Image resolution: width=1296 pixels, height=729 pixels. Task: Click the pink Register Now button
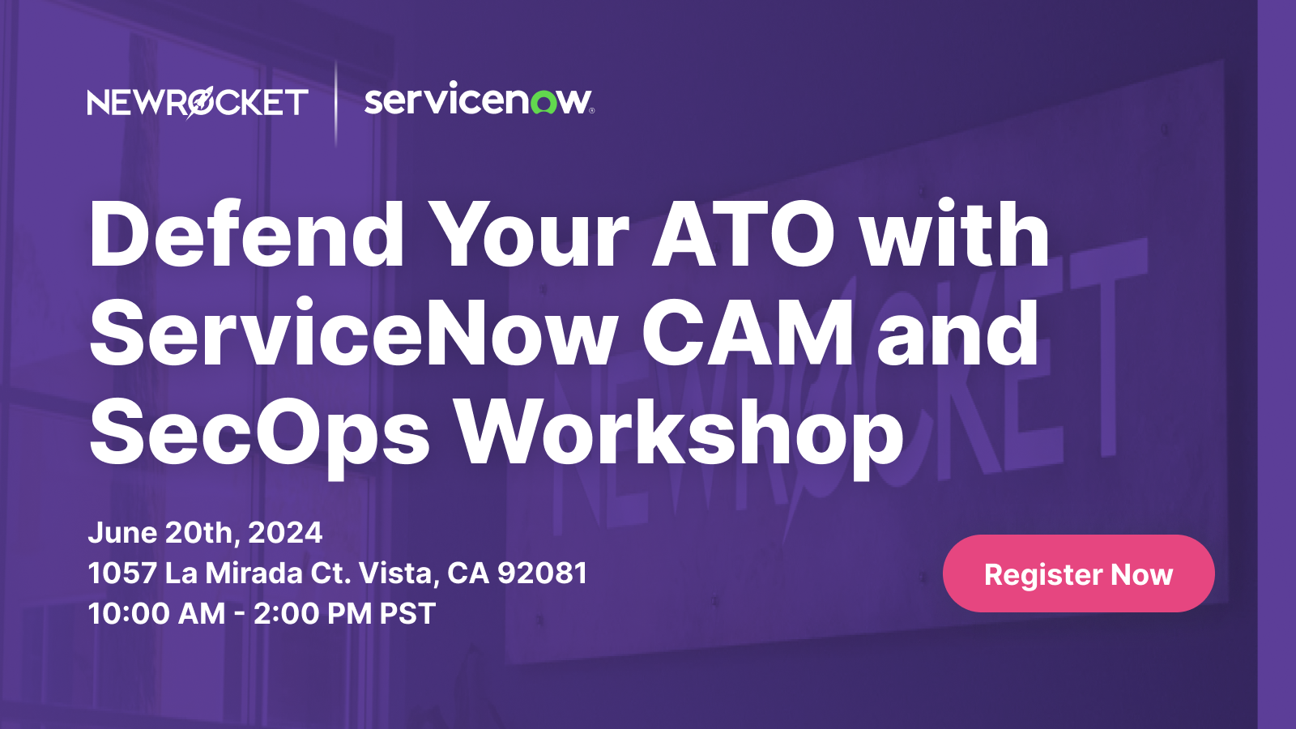coord(1078,573)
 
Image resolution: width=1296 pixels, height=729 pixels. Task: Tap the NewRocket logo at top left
coord(198,103)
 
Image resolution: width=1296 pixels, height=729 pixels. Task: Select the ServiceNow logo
coord(479,100)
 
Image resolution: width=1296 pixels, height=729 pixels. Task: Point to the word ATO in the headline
coord(744,235)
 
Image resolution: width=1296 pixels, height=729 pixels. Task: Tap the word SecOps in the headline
coord(259,433)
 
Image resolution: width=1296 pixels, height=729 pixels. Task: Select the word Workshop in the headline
coord(679,433)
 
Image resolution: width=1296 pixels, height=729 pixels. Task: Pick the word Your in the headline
coord(528,235)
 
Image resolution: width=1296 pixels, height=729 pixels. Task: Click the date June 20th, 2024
coord(205,533)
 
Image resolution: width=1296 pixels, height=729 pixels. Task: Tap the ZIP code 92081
coord(542,573)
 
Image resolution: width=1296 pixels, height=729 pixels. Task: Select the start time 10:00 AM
coord(156,614)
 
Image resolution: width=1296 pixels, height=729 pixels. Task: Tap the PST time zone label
coord(407,614)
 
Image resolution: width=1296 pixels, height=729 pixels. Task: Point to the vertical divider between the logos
coord(336,103)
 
